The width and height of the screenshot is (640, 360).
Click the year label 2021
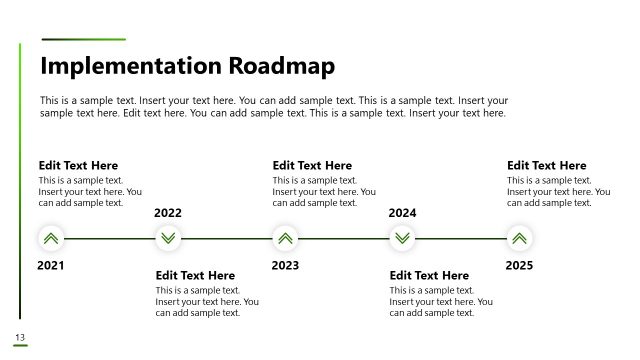50,266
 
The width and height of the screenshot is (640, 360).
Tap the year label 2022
168,213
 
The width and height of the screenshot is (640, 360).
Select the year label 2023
285,266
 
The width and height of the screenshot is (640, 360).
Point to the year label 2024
402,213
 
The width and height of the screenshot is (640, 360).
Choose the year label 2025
519,266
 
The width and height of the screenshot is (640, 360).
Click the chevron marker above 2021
51,239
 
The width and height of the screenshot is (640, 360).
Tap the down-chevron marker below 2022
168,239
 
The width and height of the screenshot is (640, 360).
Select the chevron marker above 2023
285,239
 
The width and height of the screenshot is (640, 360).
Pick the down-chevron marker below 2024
402,239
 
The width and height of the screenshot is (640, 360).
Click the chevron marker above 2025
519,239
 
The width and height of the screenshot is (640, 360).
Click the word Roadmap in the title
282,66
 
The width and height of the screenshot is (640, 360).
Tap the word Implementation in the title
131,66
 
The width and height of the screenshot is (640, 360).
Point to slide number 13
19,336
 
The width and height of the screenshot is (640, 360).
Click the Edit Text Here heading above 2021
78,166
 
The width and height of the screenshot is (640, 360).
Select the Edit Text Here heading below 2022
195,275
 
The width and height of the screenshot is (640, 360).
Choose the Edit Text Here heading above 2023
312,166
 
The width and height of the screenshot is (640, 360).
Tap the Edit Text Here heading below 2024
429,275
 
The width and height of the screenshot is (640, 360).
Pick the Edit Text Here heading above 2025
546,166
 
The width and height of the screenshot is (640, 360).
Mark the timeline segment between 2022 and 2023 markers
227,239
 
